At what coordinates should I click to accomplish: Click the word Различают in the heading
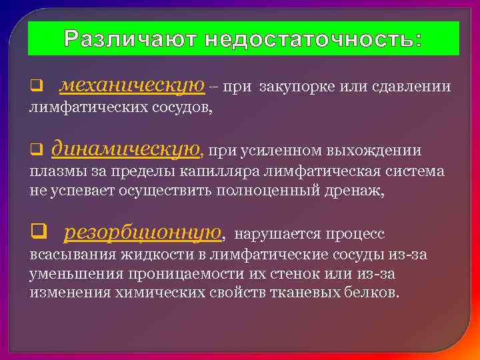tap(131, 39)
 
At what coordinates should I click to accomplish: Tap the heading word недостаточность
tap(313, 39)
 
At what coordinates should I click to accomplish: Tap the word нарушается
tap(275, 234)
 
